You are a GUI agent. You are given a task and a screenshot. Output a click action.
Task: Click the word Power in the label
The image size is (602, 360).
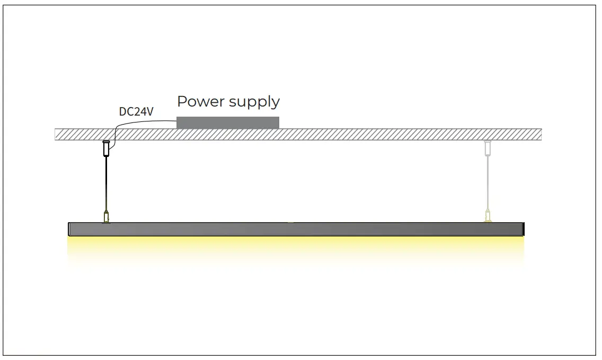[x=198, y=101]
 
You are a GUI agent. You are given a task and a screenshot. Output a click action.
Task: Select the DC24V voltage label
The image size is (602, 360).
[x=136, y=112]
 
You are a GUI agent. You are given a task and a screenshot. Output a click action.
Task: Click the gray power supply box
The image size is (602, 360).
[x=227, y=122]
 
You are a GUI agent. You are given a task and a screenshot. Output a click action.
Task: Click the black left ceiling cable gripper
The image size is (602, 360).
[x=105, y=148]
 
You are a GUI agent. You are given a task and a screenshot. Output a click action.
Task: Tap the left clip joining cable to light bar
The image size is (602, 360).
[x=106, y=217]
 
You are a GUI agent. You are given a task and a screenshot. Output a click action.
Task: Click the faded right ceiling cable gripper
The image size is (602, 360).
[x=486, y=148]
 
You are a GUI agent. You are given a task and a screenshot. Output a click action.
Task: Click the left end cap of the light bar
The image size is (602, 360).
[x=70, y=229]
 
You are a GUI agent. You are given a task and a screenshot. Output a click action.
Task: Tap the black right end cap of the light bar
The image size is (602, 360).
[x=522, y=229]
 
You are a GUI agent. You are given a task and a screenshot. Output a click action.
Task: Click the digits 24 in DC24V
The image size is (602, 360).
[x=139, y=112]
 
